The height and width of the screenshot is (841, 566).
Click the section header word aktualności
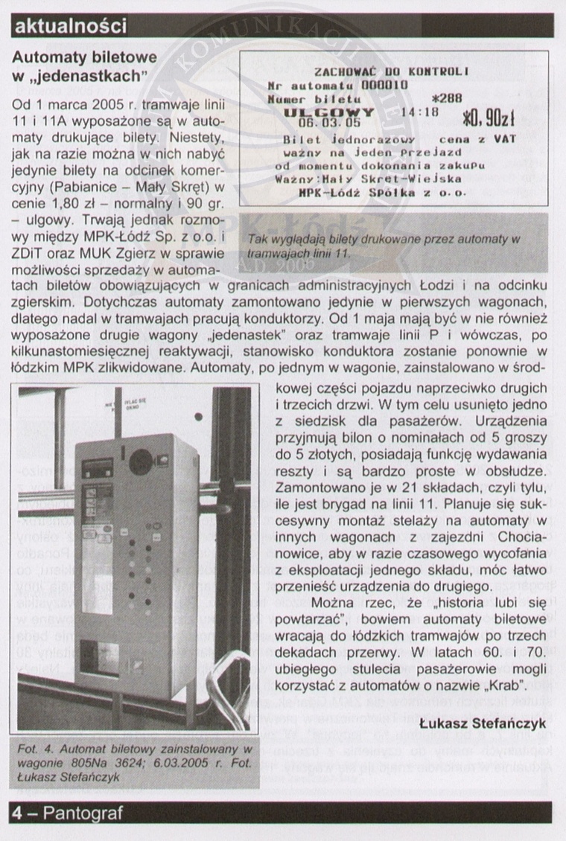(71, 27)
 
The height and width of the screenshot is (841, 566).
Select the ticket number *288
(447, 97)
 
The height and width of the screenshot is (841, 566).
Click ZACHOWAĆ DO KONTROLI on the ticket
(391, 72)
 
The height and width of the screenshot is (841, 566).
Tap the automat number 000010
(385, 84)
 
